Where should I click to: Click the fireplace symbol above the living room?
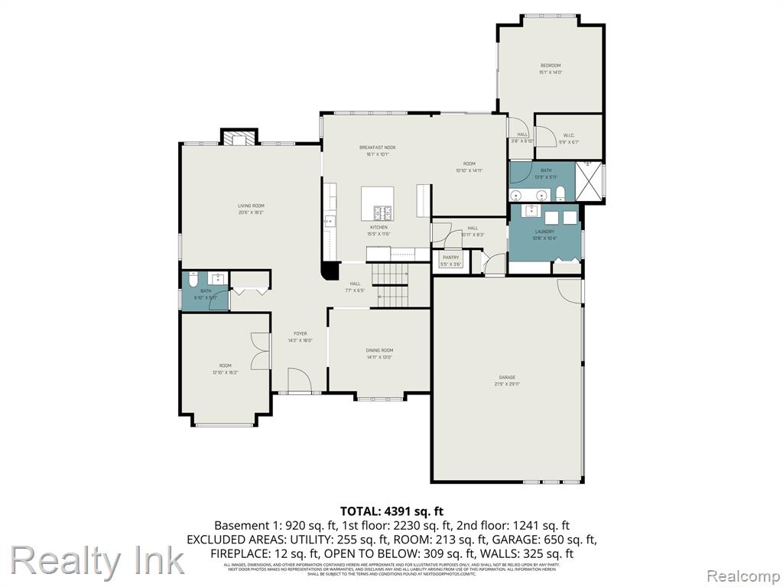(x=236, y=138)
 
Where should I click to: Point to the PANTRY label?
(x=451, y=258)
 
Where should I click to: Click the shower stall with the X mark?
(x=588, y=182)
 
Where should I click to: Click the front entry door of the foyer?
(x=298, y=380)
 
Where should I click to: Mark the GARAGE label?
(x=507, y=378)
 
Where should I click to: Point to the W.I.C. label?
(x=569, y=136)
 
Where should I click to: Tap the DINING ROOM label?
(x=379, y=350)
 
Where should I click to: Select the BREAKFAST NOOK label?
(x=378, y=147)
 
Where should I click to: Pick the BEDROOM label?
(x=551, y=66)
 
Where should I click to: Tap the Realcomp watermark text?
(x=742, y=575)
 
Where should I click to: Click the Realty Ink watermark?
(x=97, y=561)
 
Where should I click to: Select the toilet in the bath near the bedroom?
(x=560, y=191)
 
